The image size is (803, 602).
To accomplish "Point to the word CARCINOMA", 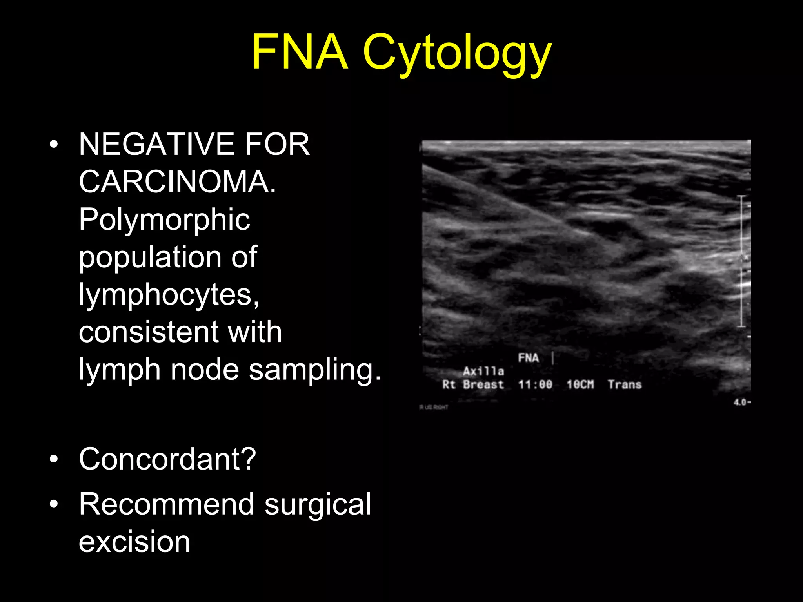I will click(x=177, y=182).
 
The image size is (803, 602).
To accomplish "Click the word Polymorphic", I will click(x=164, y=219).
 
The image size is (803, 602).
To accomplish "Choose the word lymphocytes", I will click(x=169, y=295).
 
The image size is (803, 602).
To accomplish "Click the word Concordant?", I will click(x=167, y=459).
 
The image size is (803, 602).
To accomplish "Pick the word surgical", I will click(x=318, y=505).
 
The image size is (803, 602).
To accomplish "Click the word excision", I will click(x=134, y=542).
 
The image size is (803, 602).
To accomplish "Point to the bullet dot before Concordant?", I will click(x=54, y=459).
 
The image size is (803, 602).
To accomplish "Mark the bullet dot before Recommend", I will click(x=54, y=504).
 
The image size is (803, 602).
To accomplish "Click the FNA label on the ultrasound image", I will click(x=528, y=358).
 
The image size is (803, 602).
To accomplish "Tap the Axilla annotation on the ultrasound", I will click(x=483, y=371).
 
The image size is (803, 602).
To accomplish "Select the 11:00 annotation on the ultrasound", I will click(x=535, y=384).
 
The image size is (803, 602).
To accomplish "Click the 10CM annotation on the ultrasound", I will click(x=580, y=384).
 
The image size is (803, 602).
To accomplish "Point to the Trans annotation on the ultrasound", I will click(x=625, y=384).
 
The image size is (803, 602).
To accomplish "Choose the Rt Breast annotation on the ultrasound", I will click(x=473, y=384).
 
